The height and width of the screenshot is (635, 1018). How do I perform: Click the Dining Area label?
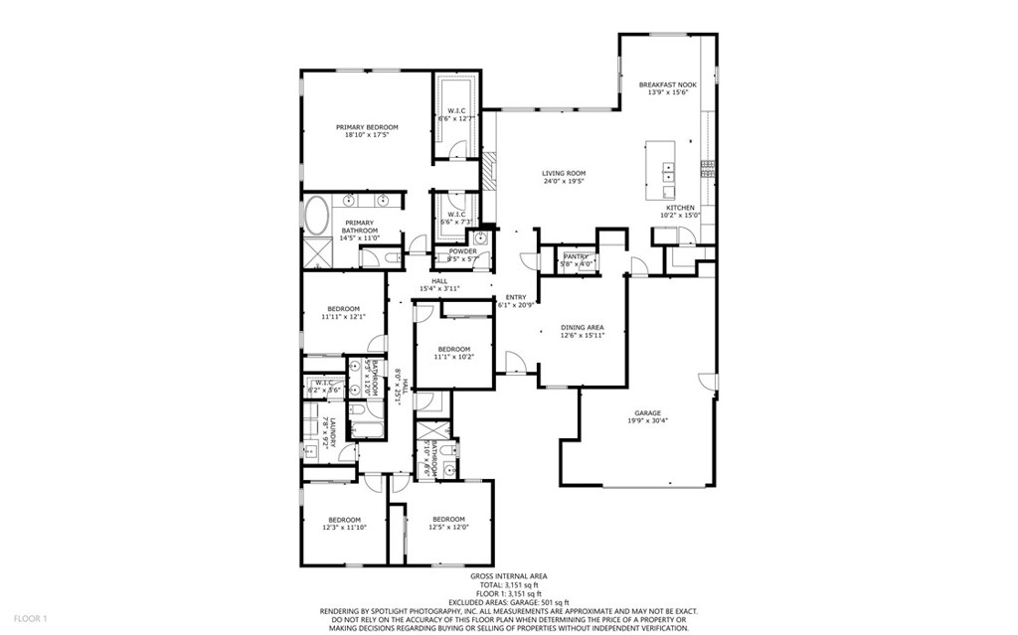pyautogui.click(x=583, y=331)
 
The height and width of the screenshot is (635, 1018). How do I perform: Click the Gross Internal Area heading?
pyautogui.click(x=508, y=575)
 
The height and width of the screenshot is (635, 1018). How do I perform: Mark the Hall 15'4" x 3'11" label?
pyautogui.click(x=438, y=284)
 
